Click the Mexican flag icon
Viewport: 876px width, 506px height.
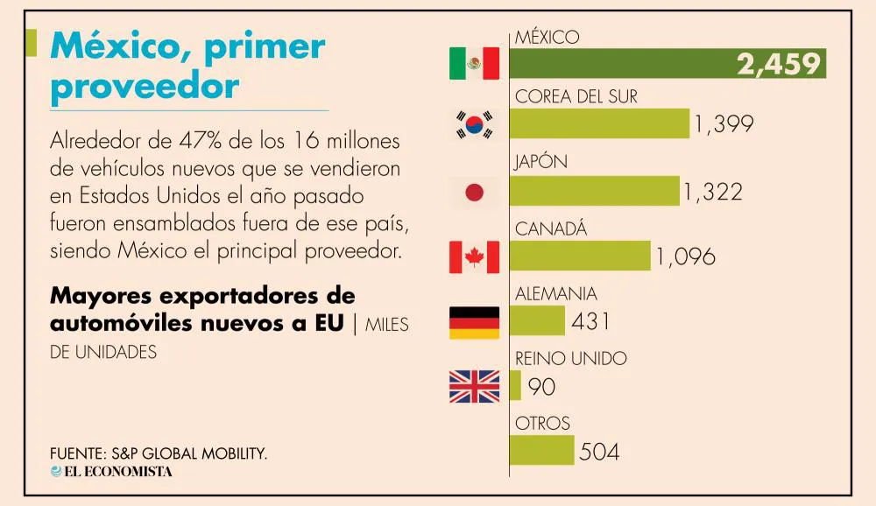474,63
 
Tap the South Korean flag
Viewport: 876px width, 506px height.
474,125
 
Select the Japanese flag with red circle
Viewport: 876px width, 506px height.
474,193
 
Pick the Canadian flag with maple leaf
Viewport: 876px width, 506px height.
474,257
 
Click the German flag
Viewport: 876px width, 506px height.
474,322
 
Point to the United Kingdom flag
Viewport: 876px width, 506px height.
474,386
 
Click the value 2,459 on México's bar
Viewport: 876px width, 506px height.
778,64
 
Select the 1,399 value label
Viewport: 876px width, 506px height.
723,124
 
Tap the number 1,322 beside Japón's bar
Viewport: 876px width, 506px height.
712,192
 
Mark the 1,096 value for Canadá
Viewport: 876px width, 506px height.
684,257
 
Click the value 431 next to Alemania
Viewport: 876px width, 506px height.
590,321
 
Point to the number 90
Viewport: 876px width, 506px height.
541,386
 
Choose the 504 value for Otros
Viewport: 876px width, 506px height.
599,452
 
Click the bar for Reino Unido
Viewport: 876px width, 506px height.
515,386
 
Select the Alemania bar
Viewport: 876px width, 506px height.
537,321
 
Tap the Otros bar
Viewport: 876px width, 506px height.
541,451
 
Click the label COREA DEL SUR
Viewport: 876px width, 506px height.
576,96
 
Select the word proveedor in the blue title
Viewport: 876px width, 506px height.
145,87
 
